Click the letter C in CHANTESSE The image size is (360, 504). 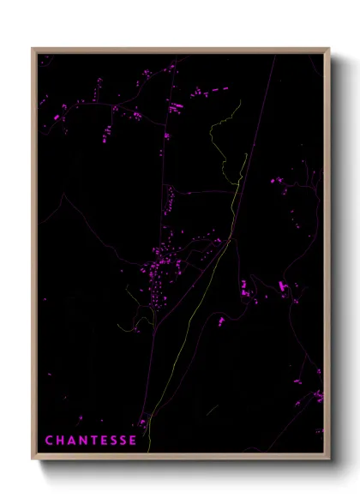(49, 441)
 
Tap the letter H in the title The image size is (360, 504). (59, 441)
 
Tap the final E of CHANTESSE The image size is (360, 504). (133, 441)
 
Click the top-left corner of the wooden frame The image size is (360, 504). (33, 49)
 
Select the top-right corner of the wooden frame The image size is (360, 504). (329, 49)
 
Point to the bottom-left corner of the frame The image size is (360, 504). (33, 459)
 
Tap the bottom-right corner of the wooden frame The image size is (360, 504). (329, 459)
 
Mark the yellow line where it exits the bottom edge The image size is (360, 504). (148, 451)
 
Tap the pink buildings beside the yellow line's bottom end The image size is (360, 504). (142, 423)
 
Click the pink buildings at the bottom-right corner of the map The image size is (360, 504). (318, 396)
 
